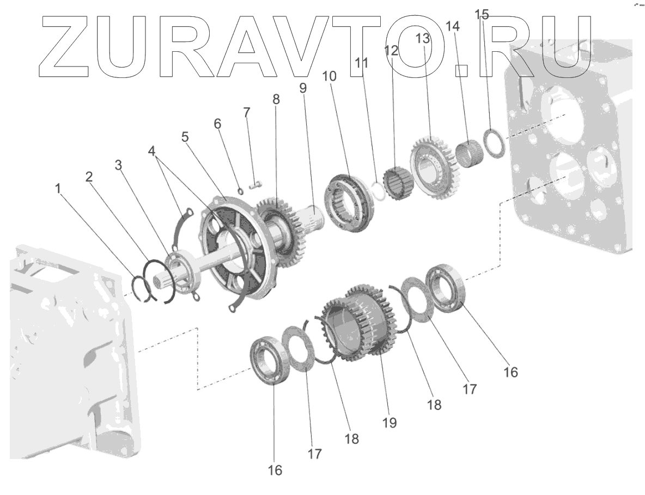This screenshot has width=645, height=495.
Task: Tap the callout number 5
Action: click(x=185, y=136)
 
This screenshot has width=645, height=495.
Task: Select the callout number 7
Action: click(x=247, y=113)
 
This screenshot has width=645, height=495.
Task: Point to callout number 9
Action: click(x=303, y=87)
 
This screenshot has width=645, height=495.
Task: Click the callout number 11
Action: click(x=362, y=63)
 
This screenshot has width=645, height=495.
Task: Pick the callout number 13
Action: click(x=423, y=38)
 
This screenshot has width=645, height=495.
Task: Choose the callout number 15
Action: click(x=482, y=15)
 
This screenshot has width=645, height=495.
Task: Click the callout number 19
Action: click(x=390, y=422)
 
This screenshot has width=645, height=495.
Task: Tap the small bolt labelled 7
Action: click(x=256, y=184)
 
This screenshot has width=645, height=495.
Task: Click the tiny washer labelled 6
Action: click(x=240, y=190)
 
